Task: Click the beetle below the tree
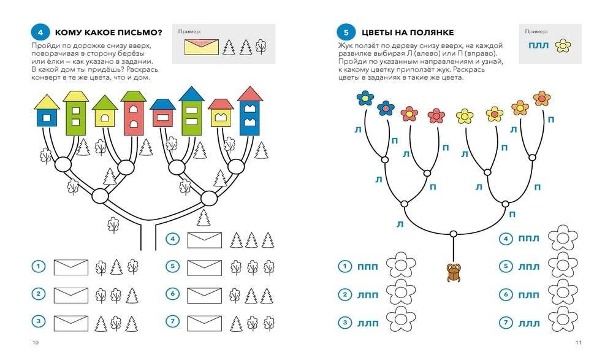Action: pos(454,272)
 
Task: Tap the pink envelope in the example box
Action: pos(201,46)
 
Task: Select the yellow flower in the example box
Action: pos(562,45)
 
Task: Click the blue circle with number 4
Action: pos(40,31)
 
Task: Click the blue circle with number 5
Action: pos(345,31)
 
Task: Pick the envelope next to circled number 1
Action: pos(70,267)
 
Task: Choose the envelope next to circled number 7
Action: pos(204,322)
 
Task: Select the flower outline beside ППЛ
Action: pos(562,239)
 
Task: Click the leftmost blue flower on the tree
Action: pos(365,98)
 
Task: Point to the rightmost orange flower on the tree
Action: pos(542,98)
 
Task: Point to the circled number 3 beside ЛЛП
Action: pos(345,321)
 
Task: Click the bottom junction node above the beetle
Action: pos(453,234)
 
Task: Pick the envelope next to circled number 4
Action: pos(204,239)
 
